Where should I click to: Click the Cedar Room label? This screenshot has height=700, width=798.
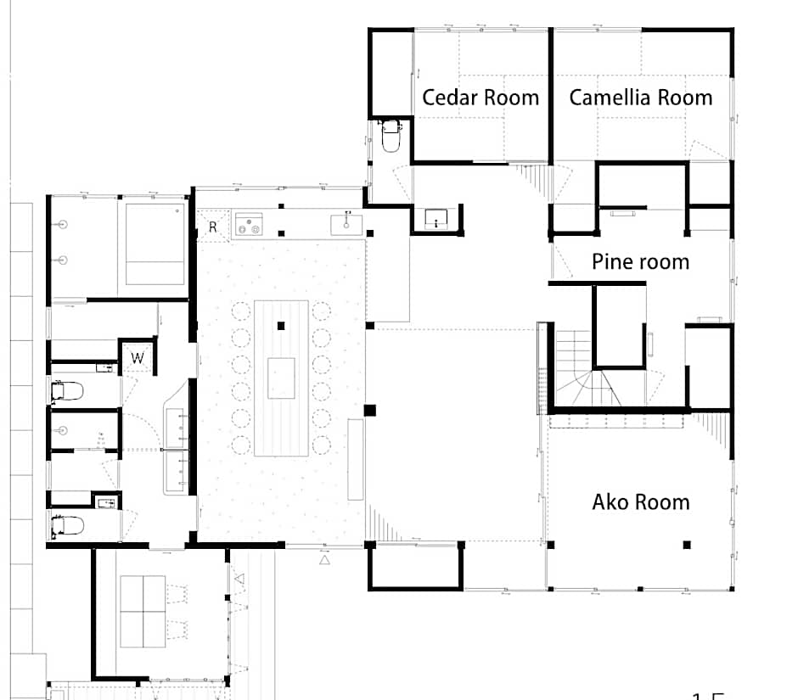point(480,98)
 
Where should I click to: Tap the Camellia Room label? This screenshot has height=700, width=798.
point(640,98)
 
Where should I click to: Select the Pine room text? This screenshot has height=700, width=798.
point(640,261)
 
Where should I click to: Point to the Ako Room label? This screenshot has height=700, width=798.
point(640,502)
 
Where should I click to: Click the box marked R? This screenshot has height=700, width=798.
point(212,227)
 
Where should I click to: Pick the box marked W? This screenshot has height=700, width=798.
point(137,359)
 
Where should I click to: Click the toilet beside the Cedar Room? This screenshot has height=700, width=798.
point(391,136)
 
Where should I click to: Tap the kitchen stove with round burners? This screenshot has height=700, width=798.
point(249,224)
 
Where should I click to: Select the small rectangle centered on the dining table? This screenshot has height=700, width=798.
point(281,378)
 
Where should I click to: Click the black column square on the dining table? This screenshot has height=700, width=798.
point(281,325)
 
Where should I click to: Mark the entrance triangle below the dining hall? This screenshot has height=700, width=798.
point(323,560)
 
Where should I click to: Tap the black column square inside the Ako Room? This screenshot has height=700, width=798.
point(687,544)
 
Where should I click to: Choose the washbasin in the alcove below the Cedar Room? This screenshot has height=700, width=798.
point(436,219)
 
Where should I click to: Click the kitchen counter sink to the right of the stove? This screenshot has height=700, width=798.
point(346,223)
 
